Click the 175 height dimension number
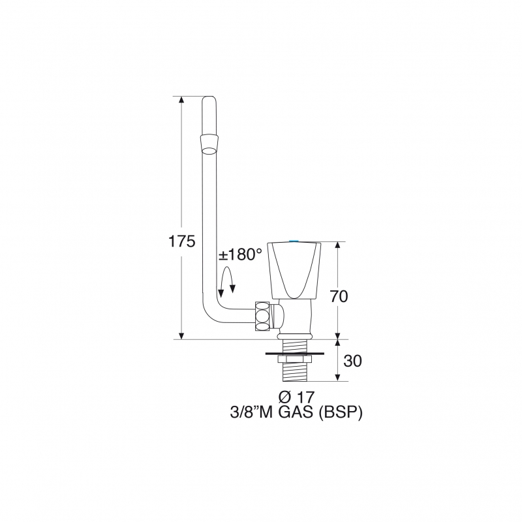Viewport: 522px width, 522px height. pos(181,241)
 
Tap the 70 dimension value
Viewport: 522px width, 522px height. pos(339,296)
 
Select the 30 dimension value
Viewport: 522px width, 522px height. pos(352,361)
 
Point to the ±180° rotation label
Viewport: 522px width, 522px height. pos(240,254)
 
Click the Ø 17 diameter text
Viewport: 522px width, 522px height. pos(296,397)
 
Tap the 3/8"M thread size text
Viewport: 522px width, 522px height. pos(253,413)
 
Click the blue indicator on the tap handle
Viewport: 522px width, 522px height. pos(294,241)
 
